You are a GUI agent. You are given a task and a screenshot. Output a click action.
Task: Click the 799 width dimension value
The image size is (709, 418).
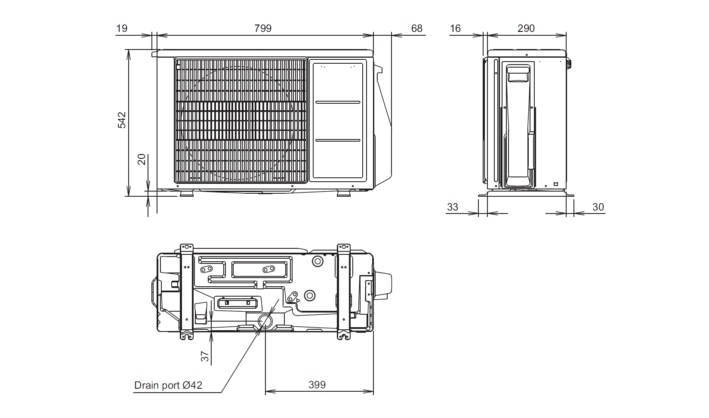(x=263, y=28)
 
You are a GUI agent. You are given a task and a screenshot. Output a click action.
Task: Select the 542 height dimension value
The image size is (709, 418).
(x=122, y=120)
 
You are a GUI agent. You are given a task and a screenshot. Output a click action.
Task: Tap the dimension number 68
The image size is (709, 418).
(x=416, y=28)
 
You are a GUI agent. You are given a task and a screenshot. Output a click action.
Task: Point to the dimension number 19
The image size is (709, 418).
(x=122, y=28)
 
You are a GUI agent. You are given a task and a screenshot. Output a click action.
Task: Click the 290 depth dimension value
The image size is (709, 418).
(x=526, y=28)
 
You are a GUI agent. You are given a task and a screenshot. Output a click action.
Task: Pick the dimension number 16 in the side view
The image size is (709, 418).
(x=455, y=28)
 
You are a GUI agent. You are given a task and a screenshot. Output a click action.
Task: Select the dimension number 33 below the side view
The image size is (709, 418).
(x=453, y=207)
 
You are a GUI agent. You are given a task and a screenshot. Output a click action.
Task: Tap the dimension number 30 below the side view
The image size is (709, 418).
(x=598, y=207)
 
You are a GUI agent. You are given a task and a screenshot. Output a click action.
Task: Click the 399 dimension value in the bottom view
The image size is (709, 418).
(x=317, y=385)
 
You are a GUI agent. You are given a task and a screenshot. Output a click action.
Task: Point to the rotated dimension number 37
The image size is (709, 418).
(x=205, y=356)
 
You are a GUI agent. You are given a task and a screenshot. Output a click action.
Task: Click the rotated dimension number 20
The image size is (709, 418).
(x=142, y=159)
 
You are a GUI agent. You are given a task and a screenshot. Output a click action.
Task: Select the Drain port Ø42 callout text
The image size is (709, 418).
(x=168, y=385)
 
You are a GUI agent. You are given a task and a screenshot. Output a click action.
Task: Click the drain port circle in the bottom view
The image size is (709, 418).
(x=265, y=321)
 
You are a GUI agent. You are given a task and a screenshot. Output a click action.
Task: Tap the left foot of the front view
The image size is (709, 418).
(x=187, y=194)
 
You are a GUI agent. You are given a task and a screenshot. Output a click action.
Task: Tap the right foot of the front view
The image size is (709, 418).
(x=343, y=194)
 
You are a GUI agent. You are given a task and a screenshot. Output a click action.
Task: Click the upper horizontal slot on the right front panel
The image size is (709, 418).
(x=338, y=102)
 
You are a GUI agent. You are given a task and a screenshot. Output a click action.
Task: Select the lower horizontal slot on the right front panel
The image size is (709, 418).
(x=338, y=140)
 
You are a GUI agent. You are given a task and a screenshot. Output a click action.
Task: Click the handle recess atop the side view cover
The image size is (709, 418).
(x=518, y=74)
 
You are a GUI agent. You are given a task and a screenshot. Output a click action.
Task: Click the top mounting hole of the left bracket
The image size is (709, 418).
(x=187, y=247)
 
